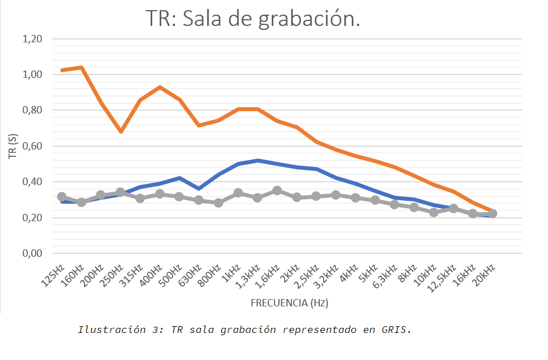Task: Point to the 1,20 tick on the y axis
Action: tap(32, 39)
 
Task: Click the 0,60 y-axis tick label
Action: tap(32, 146)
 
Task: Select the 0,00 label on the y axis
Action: tap(32, 253)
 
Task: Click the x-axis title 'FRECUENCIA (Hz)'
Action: tap(289, 303)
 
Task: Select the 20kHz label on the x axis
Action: tap(484, 275)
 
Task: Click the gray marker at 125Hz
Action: tap(61, 197)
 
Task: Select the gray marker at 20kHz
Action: tap(492, 213)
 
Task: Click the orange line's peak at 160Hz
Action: tap(81, 68)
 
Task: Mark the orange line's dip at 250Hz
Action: tap(120, 131)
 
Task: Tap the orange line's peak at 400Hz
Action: tap(160, 87)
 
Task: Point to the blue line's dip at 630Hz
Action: tap(198, 188)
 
